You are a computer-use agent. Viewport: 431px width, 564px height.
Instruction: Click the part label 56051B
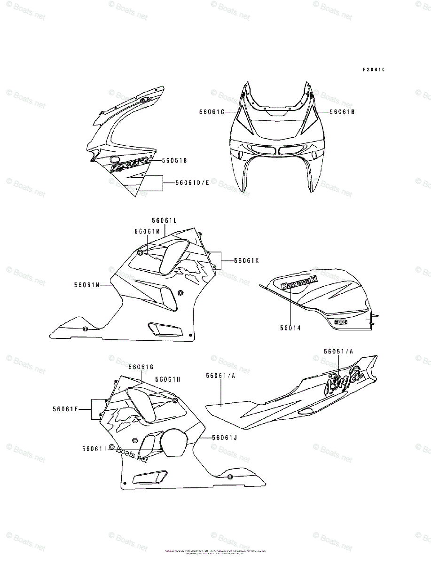[x=174, y=160]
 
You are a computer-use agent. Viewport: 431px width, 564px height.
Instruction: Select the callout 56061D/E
[x=192, y=182]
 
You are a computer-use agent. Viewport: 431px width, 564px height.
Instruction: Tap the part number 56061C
[x=212, y=112]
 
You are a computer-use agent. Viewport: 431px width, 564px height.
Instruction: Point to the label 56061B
[x=342, y=112]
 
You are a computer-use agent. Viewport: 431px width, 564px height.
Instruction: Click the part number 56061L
[x=164, y=220]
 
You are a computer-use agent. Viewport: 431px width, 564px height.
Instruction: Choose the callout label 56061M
[x=147, y=231]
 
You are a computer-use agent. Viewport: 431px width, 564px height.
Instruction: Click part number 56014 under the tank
[x=290, y=329]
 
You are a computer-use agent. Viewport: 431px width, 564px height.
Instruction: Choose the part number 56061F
[x=65, y=409]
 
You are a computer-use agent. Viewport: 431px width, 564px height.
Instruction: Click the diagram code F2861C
[x=373, y=69]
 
